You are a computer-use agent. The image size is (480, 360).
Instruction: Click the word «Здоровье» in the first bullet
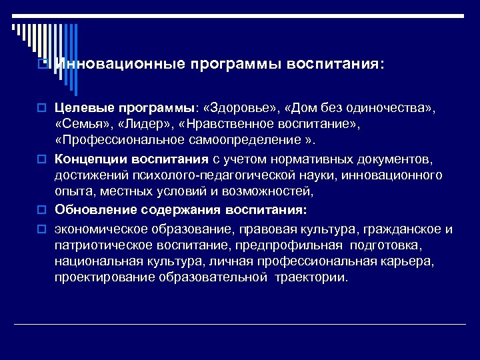[x=243, y=108]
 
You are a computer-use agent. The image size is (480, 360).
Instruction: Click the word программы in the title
[x=236, y=65]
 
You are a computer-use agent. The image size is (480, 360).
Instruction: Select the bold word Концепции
[x=89, y=159]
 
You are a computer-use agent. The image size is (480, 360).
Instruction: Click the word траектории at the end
[x=313, y=277]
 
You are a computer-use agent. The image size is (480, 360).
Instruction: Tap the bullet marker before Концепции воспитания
[x=41, y=159]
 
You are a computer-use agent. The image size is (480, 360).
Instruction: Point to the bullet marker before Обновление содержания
[x=41, y=211]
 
